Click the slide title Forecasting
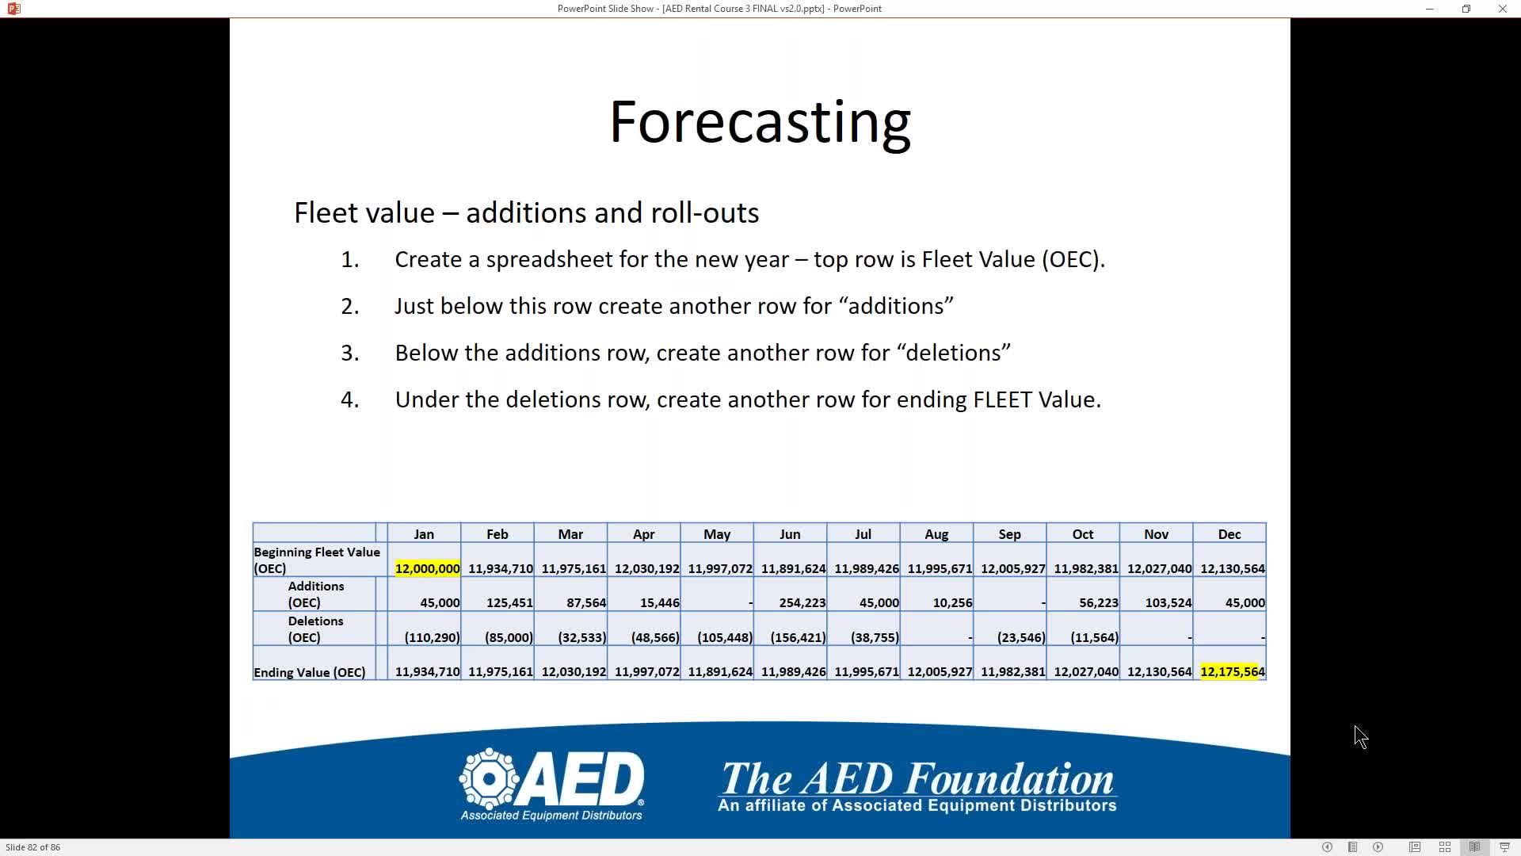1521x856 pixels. pos(760,123)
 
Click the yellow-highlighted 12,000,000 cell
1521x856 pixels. pos(427,568)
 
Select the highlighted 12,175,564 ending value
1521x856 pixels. pos(1233,672)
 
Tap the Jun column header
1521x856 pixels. pos(790,534)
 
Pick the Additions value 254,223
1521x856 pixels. pos(802,603)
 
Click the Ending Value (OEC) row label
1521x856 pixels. pos(310,673)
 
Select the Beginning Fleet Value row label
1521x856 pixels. pos(317,560)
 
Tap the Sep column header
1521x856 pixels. pos(1009,534)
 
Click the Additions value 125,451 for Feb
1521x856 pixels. pos(509,603)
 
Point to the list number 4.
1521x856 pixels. pos(349,399)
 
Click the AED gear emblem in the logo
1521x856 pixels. pos(489,778)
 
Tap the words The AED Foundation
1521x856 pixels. pos(917,778)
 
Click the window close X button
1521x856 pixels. pos(1503,9)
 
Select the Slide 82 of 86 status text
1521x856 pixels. pos(33,847)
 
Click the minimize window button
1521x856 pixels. pos(1430,9)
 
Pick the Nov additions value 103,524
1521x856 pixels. pos(1168,603)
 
